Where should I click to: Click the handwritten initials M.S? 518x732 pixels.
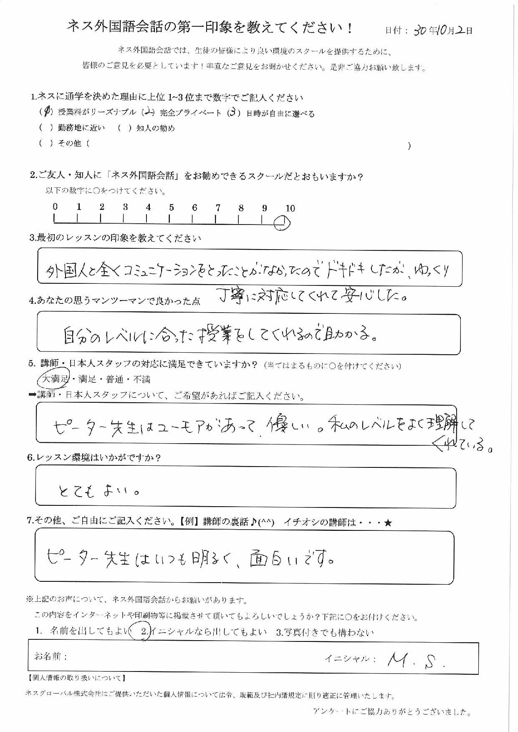[x=415, y=660]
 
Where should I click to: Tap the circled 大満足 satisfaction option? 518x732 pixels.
[x=53, y=379]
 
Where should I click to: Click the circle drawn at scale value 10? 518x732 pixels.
[x=282, y=222]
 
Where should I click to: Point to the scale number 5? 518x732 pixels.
[x=171, y=207]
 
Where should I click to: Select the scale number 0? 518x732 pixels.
[x=55, y=207]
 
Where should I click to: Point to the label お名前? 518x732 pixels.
[x=51, y=656]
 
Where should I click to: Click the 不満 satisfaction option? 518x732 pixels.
[x=142, y=379]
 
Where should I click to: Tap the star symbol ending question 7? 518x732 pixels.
[x=388, y=522]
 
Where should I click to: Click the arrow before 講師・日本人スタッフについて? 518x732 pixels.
[x=33, y=395]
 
